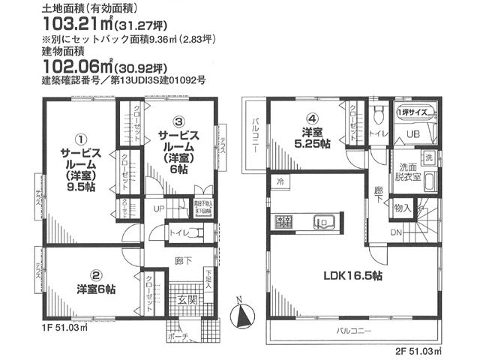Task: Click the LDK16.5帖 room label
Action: (353, 276)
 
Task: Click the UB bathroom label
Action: (412, 133)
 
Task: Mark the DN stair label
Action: (395, 234)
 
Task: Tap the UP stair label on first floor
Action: (160, 208)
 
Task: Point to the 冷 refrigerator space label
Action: (279, 182)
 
